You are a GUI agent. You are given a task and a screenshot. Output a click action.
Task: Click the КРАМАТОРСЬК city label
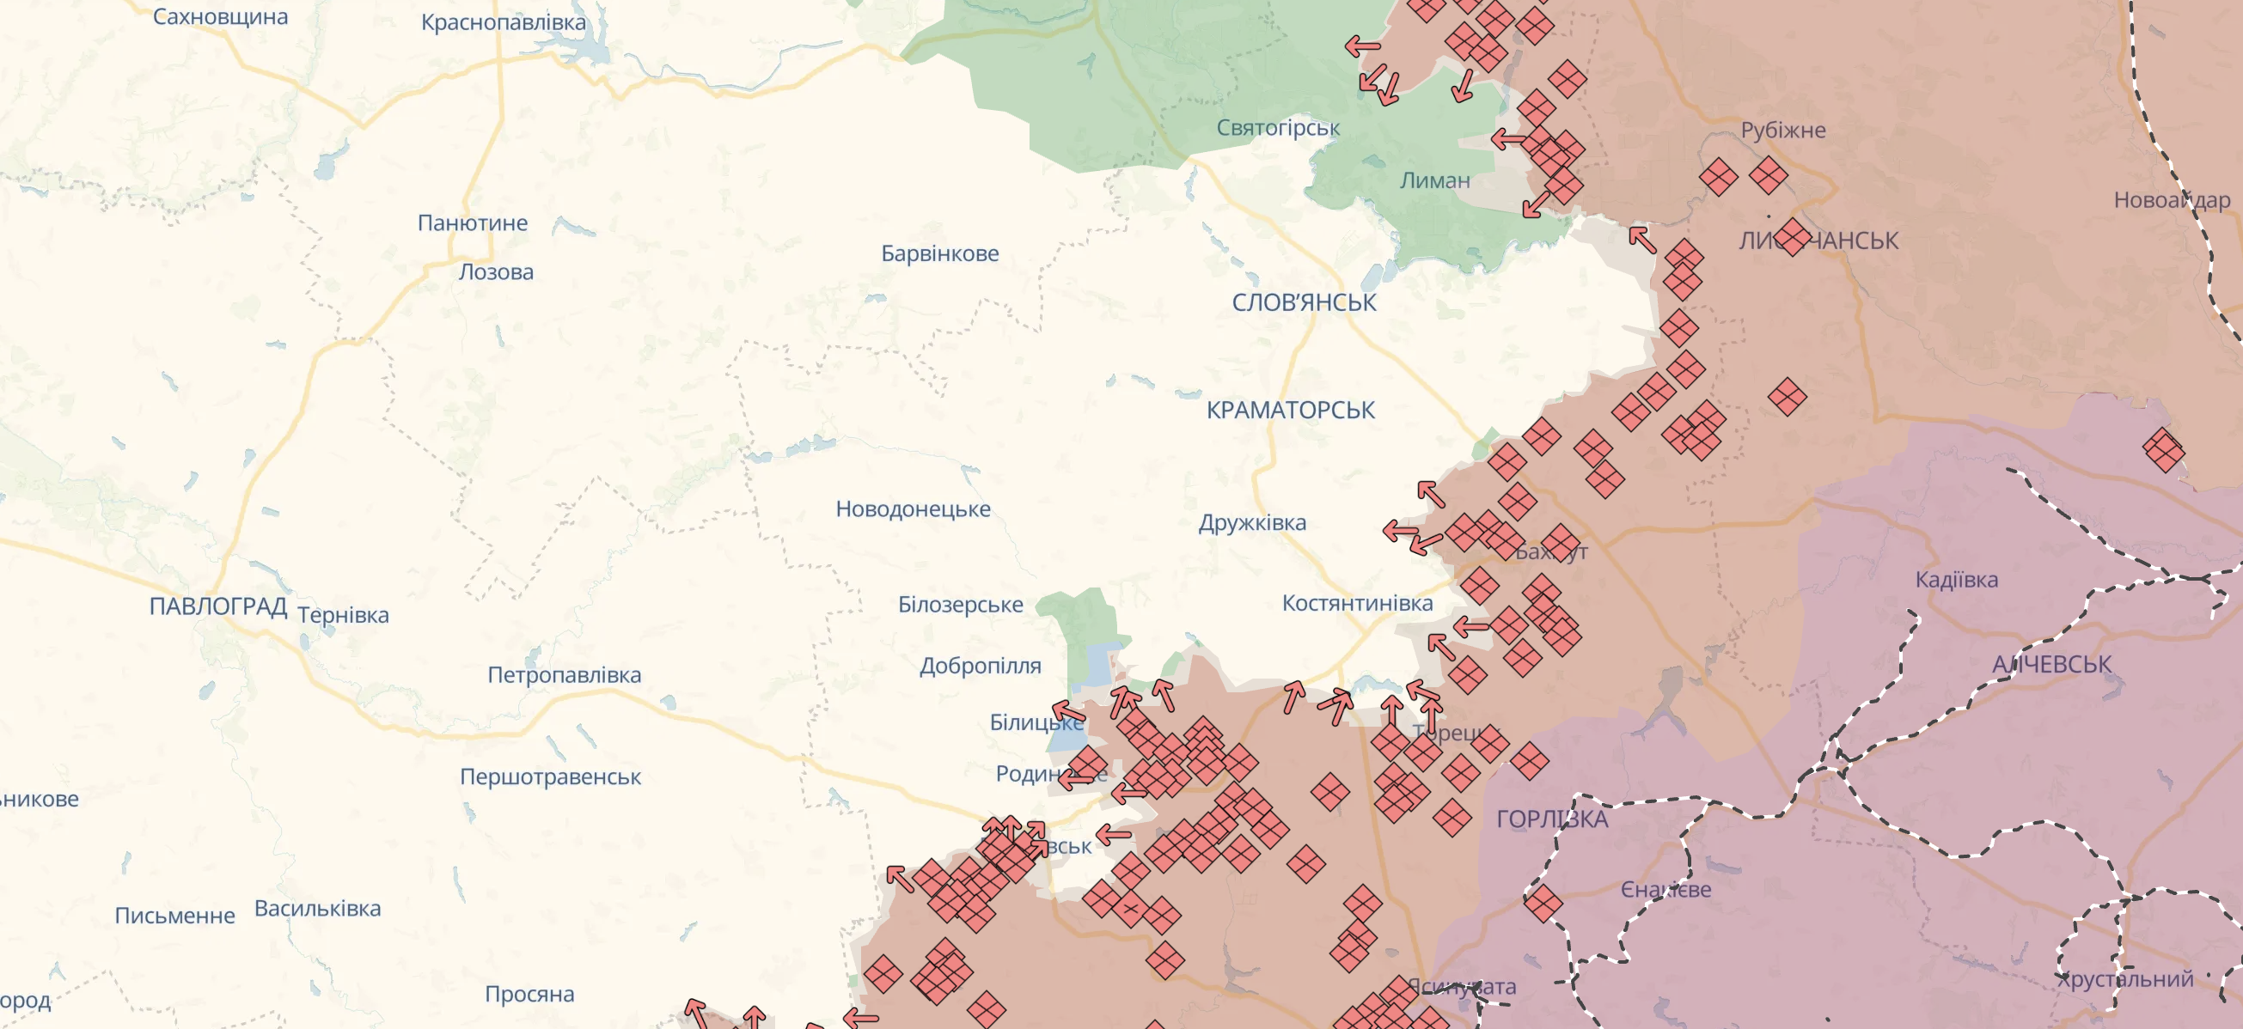(x=1290, y=410)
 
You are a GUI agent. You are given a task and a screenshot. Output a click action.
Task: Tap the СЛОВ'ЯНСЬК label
(x=1304, y=303)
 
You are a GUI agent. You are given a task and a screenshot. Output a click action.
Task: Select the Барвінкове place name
(x=939, y=253)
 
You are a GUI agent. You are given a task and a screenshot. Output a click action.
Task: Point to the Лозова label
(x=496, y=271)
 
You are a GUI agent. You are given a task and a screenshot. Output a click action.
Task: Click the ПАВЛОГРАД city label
(x=217, y=606)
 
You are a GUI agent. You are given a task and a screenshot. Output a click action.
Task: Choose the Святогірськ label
(x=1277, y=128)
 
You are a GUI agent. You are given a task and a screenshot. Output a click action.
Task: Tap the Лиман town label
(x=1434, y=181)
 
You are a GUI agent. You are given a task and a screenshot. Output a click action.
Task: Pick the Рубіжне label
(x=1782, y=131)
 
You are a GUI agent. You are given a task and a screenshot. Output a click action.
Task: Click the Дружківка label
(x=1251, y=522)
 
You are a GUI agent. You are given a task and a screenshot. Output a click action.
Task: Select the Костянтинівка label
(x=1357, y=603)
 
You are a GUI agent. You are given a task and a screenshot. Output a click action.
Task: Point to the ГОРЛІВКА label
(x=1552, y=819)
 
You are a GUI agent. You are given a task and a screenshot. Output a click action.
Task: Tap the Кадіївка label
(x=1956, y=580)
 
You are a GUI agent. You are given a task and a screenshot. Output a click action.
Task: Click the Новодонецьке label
(x=913, y=508)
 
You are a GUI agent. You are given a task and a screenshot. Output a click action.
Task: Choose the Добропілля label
(x=980, y=666)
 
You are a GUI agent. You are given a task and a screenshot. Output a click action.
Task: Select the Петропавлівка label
(x=564, y=674)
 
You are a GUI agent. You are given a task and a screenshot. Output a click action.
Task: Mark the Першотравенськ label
(x=549, y=776)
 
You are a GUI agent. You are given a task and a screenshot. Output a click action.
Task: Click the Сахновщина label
(x=219, y=16)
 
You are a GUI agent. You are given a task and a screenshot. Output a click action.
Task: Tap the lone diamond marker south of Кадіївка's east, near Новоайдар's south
(x=2163, y=450)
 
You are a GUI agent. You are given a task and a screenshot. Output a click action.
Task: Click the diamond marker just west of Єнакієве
(x=1542, y=903)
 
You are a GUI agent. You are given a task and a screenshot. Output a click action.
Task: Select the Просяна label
(x=529, y=994)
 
